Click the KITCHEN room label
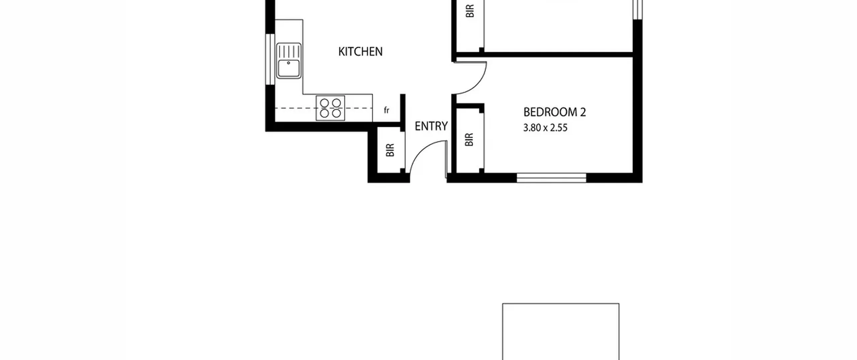(360, 52)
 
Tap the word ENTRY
(431, 126)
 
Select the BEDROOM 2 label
(555, 112)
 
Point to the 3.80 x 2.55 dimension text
(545, 128)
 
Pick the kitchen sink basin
(289, 69)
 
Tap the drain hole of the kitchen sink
(289, 63)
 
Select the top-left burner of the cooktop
(324, 102)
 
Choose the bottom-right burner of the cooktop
(336, 114)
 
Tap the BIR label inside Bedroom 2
(469, 140)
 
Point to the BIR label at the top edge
(470, 11)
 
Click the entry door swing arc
(419, 149)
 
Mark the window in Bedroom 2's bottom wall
(551, 178)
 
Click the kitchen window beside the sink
(270, 59)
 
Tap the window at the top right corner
(638, 9)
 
